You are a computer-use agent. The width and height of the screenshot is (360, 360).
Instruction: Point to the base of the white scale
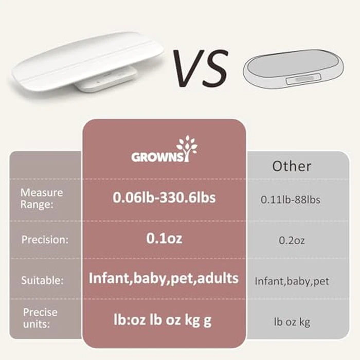coord(105,81)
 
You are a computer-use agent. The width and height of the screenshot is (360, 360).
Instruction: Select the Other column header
coord(292,166)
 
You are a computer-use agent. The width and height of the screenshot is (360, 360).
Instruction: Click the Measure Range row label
coord(42,197)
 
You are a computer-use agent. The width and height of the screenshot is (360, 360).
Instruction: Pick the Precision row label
coord(43,240)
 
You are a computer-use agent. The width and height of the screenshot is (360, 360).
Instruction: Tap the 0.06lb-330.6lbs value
coord(164,197)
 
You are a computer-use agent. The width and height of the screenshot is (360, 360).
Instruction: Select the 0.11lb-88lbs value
coord(291,200)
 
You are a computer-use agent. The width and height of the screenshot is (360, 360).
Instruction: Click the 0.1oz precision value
coord(164,239)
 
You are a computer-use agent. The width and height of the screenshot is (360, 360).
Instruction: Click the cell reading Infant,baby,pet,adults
coord(164,279)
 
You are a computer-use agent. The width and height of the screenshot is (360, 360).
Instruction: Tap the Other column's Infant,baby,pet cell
coord(292,281)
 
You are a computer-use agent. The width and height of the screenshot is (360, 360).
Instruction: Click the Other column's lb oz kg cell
coord(292,322)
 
